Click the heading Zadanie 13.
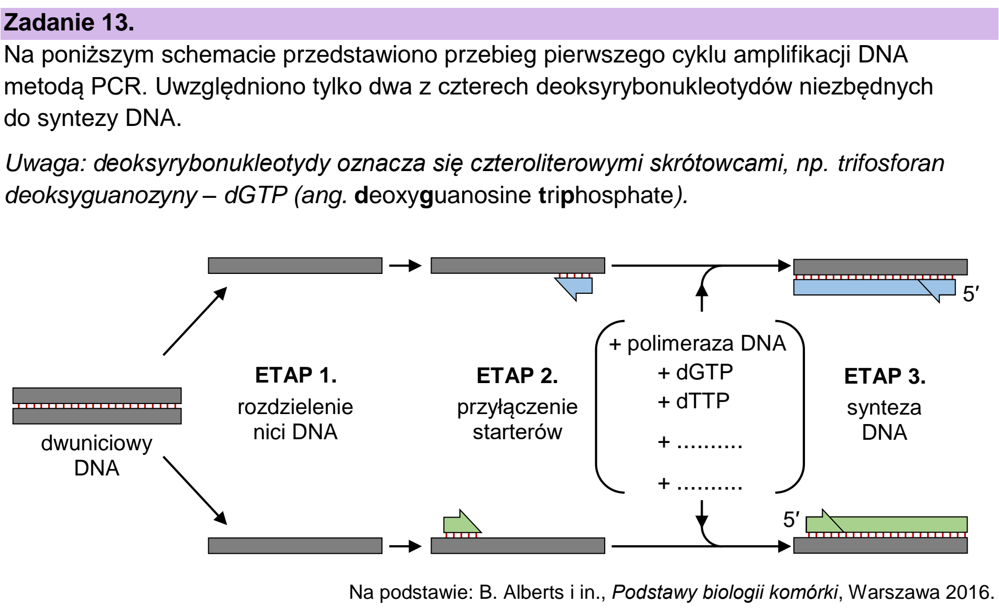click(69, 24)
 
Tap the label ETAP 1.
click(295, 376)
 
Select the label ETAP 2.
click(517, 376)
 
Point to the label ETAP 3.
click(885, 376)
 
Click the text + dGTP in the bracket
click(695, 373)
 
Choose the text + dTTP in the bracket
click(693, 401)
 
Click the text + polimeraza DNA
click(697, 344)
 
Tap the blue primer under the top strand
click(575, 288)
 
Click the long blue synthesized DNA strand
click(874, 288)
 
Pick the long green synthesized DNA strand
click(887, 523)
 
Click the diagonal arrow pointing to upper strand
click(195, 321)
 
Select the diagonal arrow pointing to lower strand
click(195, 490)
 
